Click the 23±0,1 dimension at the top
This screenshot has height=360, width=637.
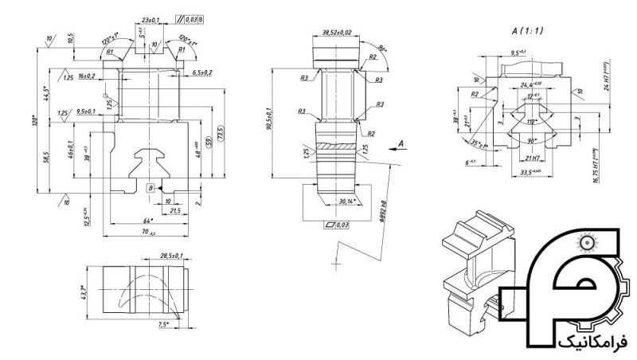[x=149, y=18]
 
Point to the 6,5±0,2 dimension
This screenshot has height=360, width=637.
[x=201, y=72]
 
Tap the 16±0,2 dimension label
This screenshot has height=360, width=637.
[x=87, y=76]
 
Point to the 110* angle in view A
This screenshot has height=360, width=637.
[x=533, y=122]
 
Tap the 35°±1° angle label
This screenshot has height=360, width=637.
[x=480, y=145]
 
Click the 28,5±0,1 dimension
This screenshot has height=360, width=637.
[x=171, y=256]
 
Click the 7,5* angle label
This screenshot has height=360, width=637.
[x=164, y=324]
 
